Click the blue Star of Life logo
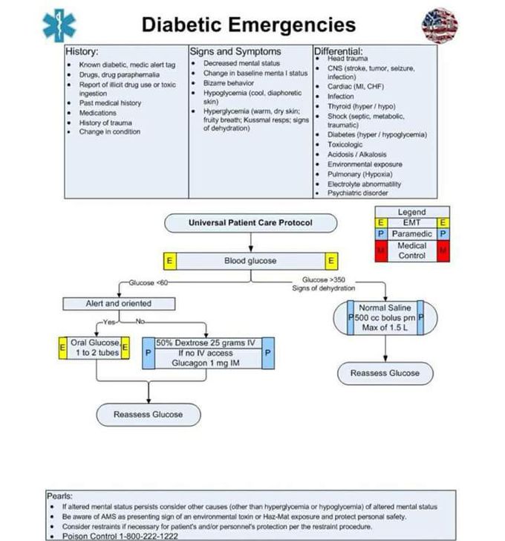[x=59, y=25]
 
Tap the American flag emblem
[x=440, y=25]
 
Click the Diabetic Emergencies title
[x=249, y=25]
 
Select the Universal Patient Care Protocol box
[x=250, y=223]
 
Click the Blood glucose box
[x=250, y=261]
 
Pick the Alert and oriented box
[x=119, y=304]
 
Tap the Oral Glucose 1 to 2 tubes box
[x=94, y=348]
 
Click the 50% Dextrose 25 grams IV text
[x=206, y=343]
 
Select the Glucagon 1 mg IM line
[x=206, y=363]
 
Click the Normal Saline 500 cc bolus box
[x=385, y=317]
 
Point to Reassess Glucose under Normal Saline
[x=385, y=373]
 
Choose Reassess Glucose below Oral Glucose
[x=149, y=415]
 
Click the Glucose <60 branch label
[x=149, y=282]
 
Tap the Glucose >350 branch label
[x=324, y=280]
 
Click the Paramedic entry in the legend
[x=412, y=234]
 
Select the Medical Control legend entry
[x=412, y=250]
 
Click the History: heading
[x=82, y=52]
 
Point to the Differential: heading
[x=338, y=51]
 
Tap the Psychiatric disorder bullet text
[x=358, y=193]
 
